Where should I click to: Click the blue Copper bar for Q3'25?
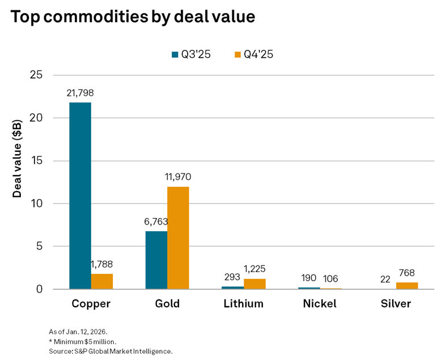tap(80, 196)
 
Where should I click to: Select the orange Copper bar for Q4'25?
tap(102, 281)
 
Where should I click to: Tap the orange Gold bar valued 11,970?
tap(178, 238)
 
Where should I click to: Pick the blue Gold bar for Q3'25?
tap(156, 260)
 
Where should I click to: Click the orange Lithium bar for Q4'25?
tap(254, 284)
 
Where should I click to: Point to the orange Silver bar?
tap(407, 286)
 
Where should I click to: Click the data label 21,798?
tap(80, 92)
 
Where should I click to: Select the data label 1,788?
tap(103, 264)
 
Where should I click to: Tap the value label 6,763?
tap(156, 221)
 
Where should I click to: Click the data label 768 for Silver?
tap(407, 272)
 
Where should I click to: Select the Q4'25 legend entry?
tap(254, 54)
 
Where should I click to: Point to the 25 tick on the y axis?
tap(39, 75)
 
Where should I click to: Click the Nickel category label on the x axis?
tap(319, 304)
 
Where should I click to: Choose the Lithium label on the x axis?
tap(243, 304)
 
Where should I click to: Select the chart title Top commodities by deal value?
tap(133, 17)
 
